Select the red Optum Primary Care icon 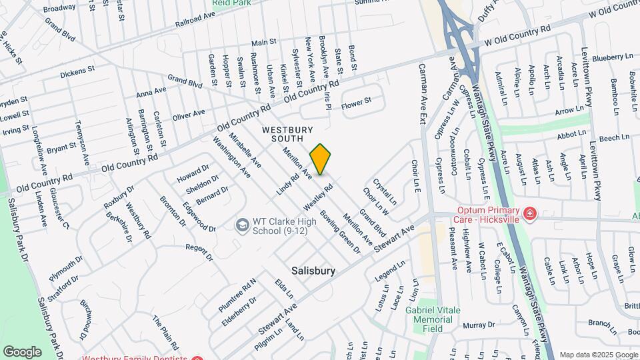coord(529,213)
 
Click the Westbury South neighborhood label coord(287,133)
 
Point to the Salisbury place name coord(313,271)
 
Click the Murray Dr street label coord(477,325)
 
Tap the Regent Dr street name coord(199,251)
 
